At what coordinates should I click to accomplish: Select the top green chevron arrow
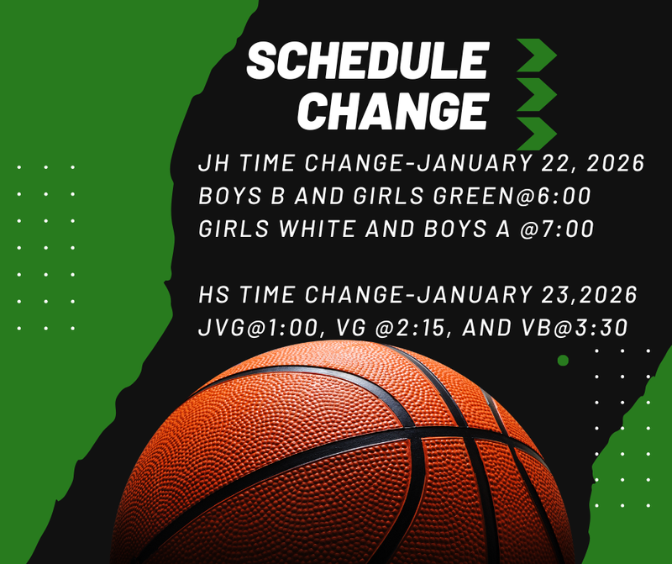click(x=535, y=56)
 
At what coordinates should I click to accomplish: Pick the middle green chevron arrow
click(x=535, y=95)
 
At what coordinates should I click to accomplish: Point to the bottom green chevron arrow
click(x=535, y=133)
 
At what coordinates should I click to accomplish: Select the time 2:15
click(x=417, y=328)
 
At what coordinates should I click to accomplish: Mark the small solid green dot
click(x=563, y=360)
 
